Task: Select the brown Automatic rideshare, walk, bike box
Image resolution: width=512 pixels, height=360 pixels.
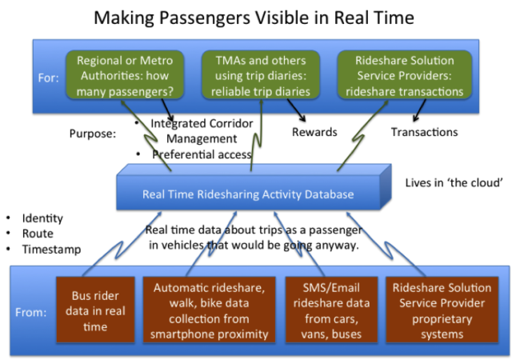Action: tap(209, 310)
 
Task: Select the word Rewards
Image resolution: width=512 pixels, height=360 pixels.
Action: tap(314, 132)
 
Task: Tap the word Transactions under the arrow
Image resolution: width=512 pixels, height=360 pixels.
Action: tap(424, 132)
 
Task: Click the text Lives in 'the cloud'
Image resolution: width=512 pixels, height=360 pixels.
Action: tap(454, 182)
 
